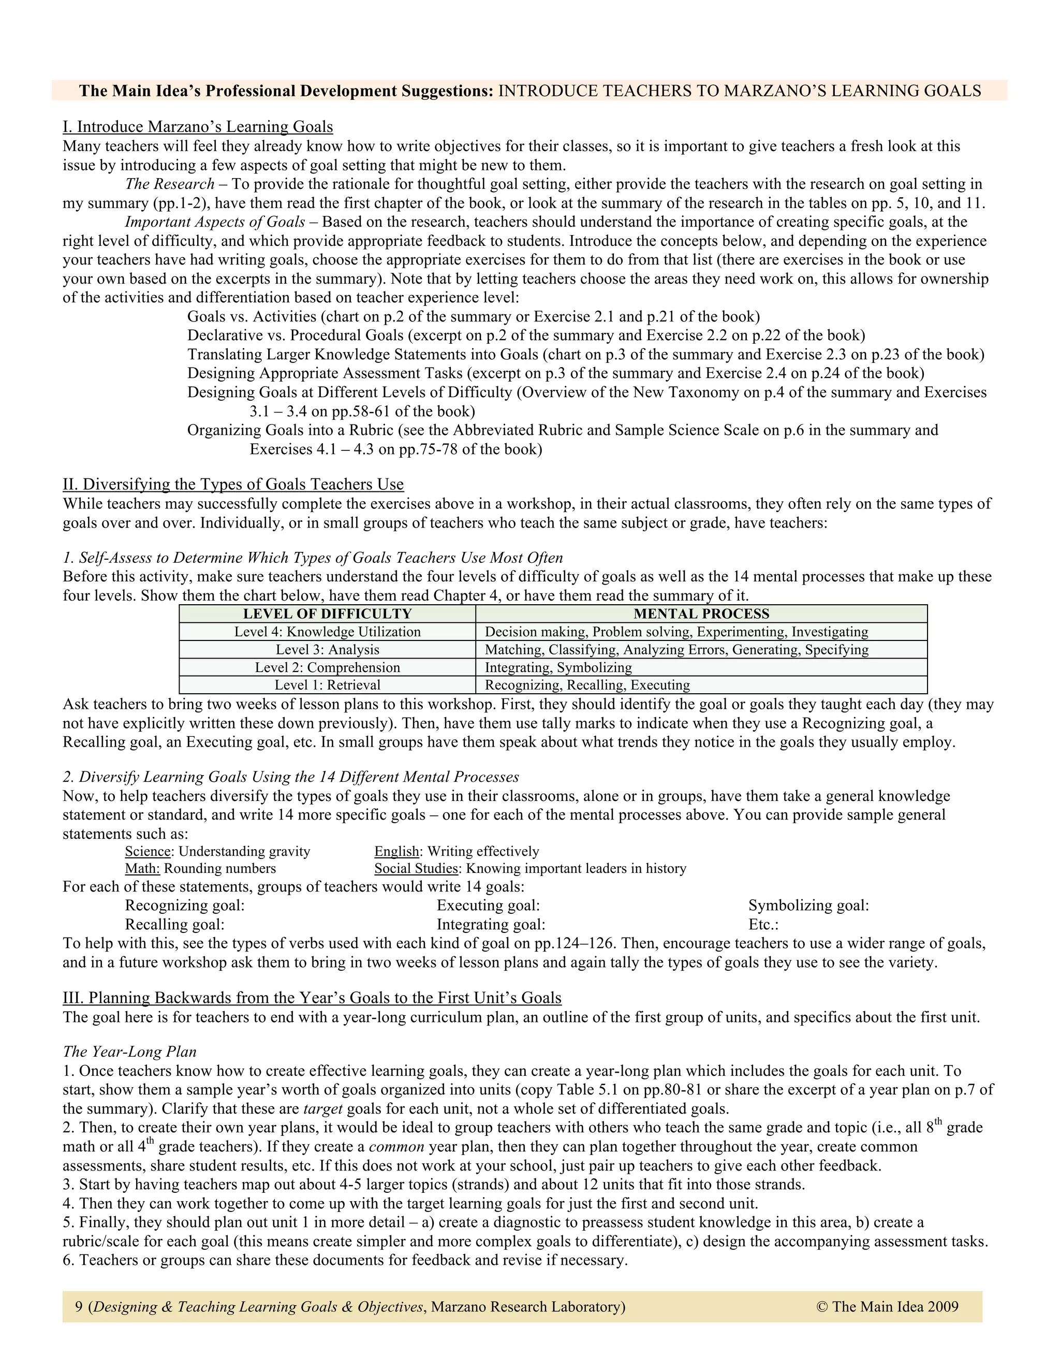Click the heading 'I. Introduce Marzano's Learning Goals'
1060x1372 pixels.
(198, 127)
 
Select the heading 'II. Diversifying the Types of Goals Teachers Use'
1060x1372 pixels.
(233, 485)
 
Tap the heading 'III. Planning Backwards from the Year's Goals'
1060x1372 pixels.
(312, 998)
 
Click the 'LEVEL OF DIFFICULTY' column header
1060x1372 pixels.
(327, 614)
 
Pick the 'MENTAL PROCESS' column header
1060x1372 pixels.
(701, 614)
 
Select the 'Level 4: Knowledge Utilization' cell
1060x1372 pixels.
(327, 632)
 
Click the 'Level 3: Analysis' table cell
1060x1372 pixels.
(327, 650)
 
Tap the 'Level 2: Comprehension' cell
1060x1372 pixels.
(327, 667)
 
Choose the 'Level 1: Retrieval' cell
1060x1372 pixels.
(327, 685)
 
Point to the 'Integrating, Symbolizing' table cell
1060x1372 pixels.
(558, 667)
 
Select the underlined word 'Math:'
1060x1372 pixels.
(142, 868)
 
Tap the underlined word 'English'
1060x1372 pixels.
(396, 851)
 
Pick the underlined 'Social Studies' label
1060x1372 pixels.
(416, 868)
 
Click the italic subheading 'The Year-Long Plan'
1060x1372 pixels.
(129, 1052)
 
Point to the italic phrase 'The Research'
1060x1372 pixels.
(170, 184)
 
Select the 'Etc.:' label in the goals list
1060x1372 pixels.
(763, 924)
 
